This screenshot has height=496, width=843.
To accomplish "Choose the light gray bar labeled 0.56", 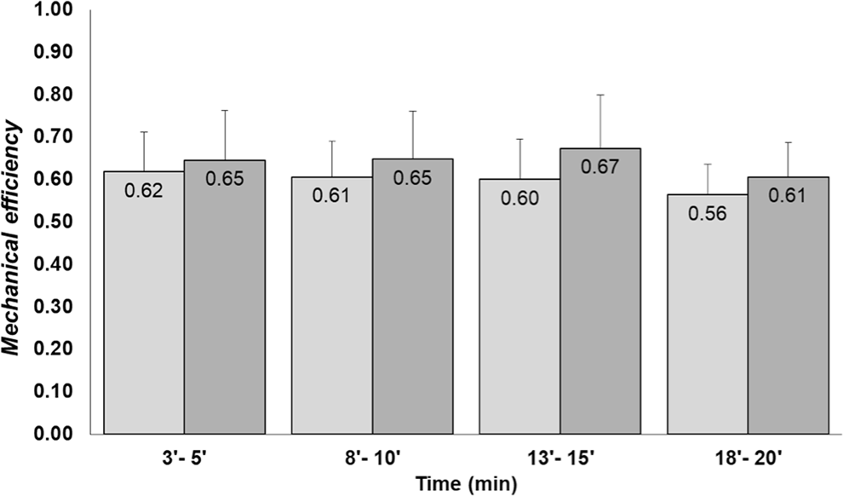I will (x=707, y=324).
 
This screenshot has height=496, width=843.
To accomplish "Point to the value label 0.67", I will (x=600, y=167).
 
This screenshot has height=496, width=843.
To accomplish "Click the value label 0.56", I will (x=707, y=214).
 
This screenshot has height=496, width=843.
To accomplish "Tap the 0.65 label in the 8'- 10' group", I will (x=412, y=178).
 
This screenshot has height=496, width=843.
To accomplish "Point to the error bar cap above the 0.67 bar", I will (x=600, y=95).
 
